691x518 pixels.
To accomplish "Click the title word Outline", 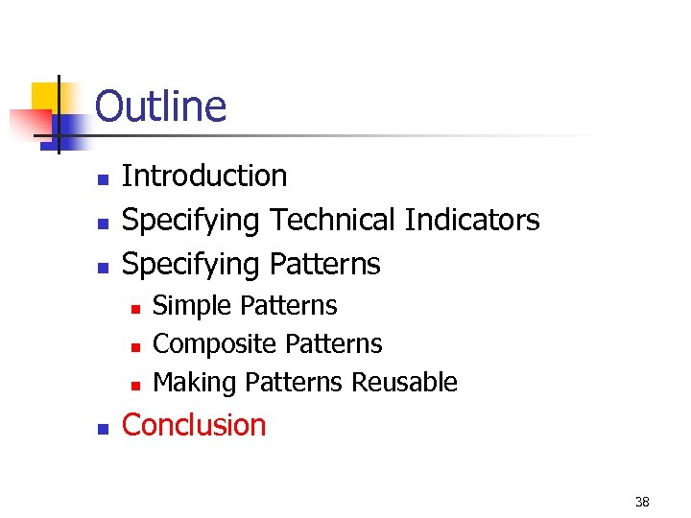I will tap(160, 106).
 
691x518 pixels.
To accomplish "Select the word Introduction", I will tap(204, 177).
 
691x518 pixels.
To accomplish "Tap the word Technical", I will tap(333, 221).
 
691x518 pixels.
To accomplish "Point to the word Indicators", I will tap(472, 221).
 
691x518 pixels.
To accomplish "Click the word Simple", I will tap(193, 306).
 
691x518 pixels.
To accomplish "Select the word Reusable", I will tap(404, 383).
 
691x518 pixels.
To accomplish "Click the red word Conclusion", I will tap(194, 425).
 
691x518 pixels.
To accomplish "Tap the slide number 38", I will tap(641, 502).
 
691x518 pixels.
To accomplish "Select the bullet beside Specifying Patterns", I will tap(101, 266).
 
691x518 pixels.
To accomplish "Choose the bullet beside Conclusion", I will tap(101, 427).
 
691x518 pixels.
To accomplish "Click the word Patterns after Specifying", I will tap(324, 264).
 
